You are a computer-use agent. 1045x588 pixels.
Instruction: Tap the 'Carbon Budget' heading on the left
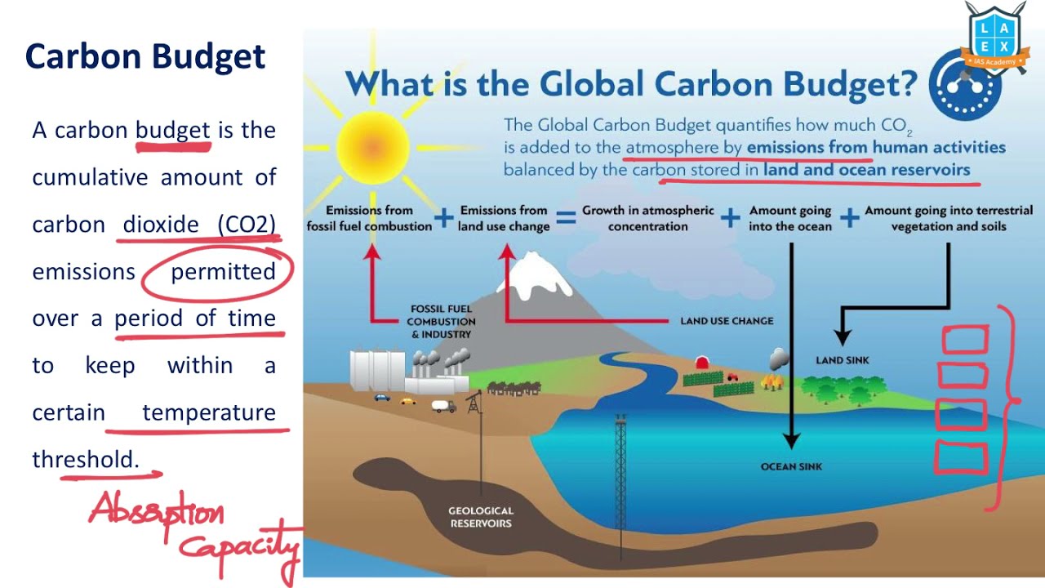click(145, 57)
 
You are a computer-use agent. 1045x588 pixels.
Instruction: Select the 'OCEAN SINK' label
click(791, 466)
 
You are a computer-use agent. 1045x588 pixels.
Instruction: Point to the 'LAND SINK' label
click(843, 360)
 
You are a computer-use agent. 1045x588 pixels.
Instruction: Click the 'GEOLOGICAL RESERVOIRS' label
click(481, 517)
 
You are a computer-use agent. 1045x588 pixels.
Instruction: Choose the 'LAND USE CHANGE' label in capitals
click(727, 321)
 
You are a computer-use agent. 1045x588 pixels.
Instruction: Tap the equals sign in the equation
click(565, 217)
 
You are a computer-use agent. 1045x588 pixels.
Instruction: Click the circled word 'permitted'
click(223, 272)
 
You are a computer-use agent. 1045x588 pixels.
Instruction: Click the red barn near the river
click(701, 362)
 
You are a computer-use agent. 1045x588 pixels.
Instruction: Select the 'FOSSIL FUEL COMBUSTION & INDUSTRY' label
click(441, 322)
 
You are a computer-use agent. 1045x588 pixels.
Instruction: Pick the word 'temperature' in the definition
click(209, 412)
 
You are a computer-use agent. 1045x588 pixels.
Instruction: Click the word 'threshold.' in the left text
click(86, 460)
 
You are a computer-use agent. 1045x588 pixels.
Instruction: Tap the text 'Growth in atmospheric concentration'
click(648, 218)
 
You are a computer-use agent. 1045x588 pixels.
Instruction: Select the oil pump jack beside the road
click(473, 403)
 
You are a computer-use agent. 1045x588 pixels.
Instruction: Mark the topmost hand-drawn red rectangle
click(966, 340)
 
